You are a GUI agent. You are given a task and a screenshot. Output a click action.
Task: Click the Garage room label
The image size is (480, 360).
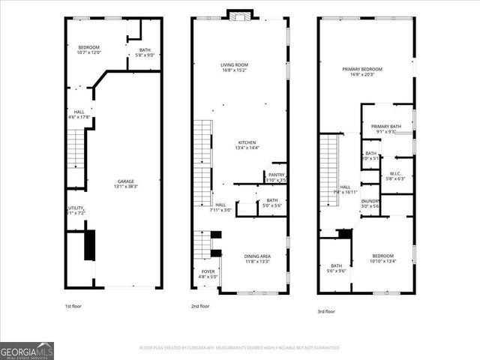[x=126, y=183]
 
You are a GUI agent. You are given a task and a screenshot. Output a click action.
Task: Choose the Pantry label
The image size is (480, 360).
[x=277, y=178]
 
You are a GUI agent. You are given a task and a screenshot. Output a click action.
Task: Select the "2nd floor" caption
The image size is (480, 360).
[x=200, y=306]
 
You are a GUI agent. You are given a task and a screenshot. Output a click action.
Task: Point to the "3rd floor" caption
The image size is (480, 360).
[x=325, y=311]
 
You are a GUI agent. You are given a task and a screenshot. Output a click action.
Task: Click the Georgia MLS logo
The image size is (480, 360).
[x=27, y=350]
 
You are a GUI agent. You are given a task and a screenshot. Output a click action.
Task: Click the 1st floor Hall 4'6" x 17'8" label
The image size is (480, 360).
[x=79, y=115]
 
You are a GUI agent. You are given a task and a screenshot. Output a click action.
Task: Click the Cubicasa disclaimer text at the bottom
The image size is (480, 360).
[x=239, y=347]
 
